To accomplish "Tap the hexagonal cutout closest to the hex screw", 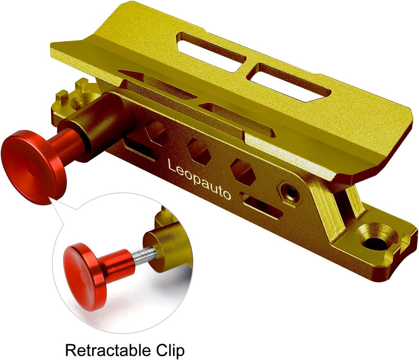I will pyautogui.click(x=243, y=171).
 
